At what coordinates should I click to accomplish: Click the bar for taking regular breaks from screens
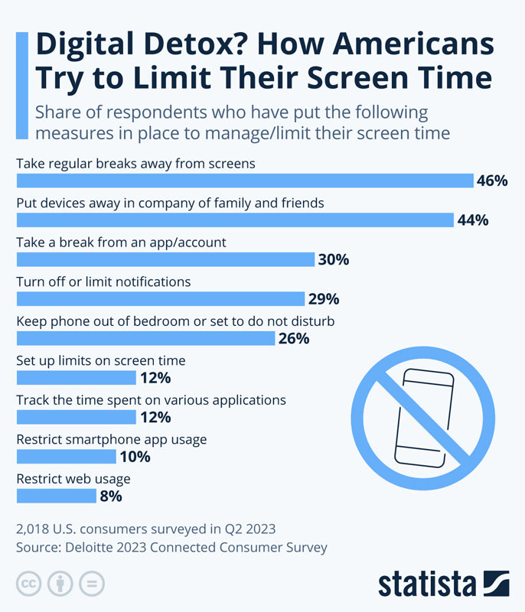coord(245,181)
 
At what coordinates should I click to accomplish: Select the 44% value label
coord(473,220)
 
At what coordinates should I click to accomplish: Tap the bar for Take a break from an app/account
coord(165,259)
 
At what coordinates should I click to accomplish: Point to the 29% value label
coord(323,299)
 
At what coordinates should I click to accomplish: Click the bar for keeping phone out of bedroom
coord(145,338)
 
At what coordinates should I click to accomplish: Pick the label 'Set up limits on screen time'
coord(101,360)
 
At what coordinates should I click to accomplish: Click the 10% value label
coord(135,457)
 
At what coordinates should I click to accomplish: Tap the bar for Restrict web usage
coord(56,496)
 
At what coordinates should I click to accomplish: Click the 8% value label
coord(110,496)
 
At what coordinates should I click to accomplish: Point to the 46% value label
coord(492,181)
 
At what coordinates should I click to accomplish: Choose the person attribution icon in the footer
coord(60,583)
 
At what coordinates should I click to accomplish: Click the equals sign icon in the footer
coord(91,583)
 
